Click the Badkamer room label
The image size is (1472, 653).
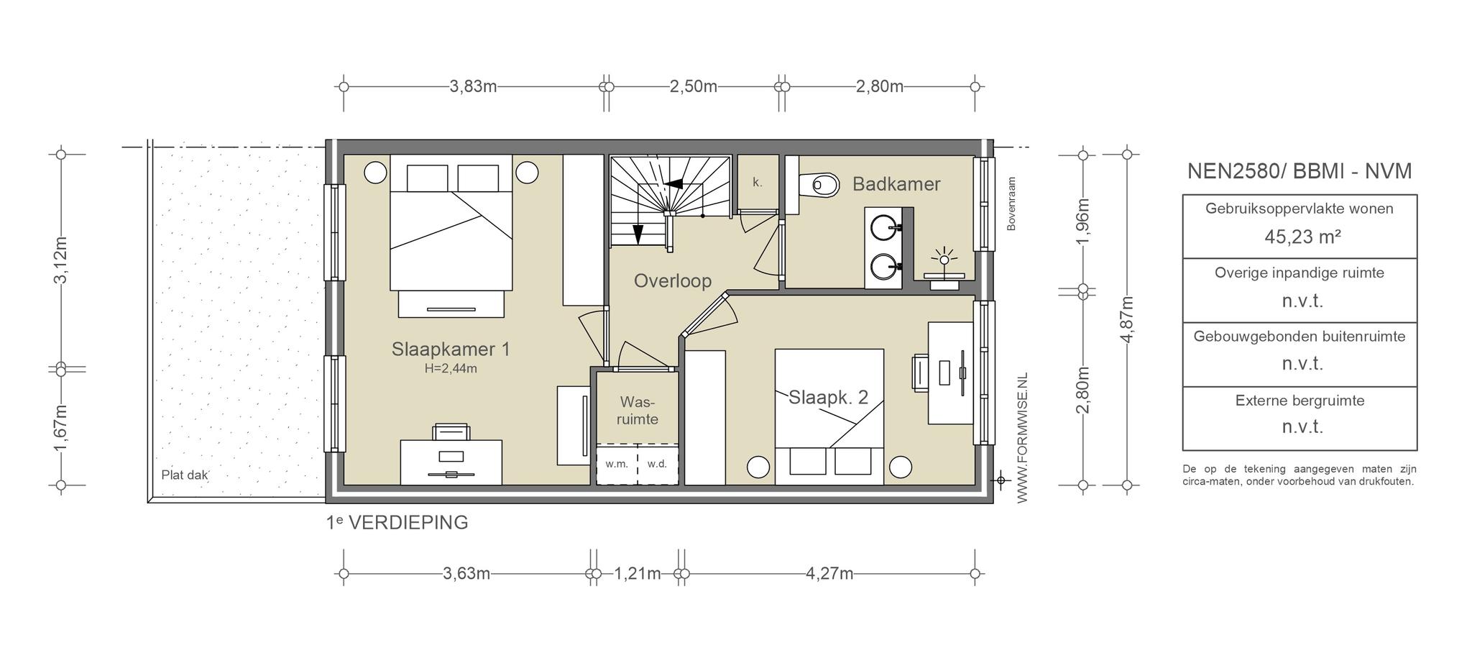896,184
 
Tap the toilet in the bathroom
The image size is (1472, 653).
819,185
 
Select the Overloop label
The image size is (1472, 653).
673,280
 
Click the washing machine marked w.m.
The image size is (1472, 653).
617,464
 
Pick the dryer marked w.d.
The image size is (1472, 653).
658,464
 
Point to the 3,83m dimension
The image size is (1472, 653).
473,87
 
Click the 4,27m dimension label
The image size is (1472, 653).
829,574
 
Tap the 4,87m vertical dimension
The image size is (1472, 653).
1126,319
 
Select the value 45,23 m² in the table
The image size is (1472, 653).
1302,237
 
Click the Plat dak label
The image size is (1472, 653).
185,475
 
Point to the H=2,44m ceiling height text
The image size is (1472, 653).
451,369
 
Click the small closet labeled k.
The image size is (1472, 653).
758,182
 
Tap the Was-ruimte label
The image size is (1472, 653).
638,410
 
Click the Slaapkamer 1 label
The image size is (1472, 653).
451,350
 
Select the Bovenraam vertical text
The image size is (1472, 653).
1011,204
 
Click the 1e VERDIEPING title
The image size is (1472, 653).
397,523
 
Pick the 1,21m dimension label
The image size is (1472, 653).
638,574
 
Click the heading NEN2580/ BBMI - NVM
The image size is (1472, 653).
1299,171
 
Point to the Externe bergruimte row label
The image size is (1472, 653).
1299,401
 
